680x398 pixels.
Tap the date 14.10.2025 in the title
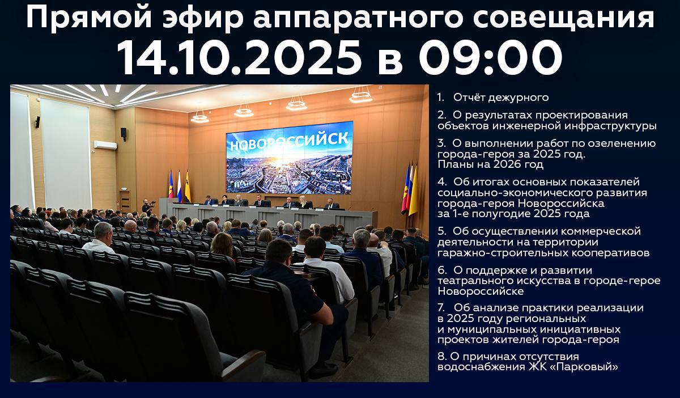tap(239, 58)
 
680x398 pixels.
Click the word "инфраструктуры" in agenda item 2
tap(610, 126)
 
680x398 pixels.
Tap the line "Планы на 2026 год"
tap(491, 164)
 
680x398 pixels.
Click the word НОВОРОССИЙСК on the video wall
tap(290, 141)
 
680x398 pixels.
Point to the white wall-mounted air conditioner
tap(105, 145)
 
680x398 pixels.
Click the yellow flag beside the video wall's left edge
tap(188, 187)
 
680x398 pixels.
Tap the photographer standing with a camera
tap(147, 208)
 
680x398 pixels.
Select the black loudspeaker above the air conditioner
tap(124, 134)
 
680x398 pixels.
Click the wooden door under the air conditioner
tap(125, 201)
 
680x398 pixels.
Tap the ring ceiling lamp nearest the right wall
tap(361, 96)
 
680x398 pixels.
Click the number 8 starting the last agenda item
tap(440, 357)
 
